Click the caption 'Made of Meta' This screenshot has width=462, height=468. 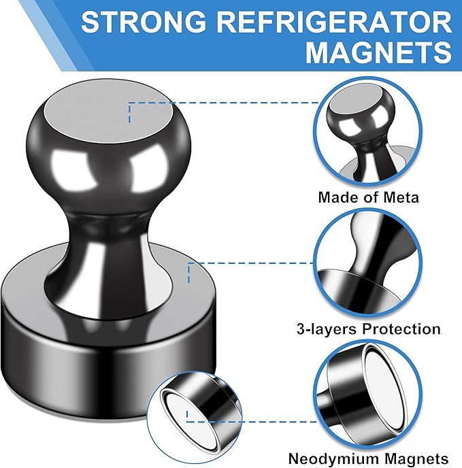pos(369,198)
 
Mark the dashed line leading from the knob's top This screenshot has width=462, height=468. pos(225,103)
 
